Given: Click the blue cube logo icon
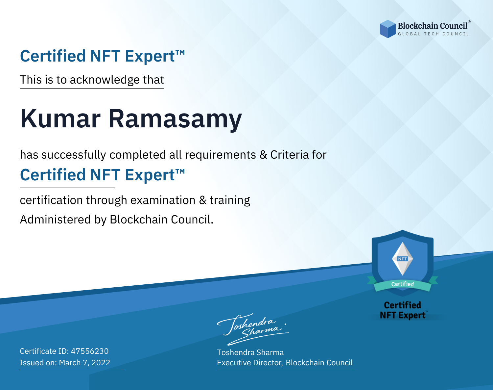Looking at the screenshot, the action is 387,29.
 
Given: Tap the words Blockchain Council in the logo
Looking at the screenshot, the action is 433,26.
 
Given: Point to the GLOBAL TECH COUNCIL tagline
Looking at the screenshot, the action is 434,34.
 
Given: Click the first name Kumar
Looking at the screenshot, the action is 60,119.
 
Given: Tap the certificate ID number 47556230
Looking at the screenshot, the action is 90,351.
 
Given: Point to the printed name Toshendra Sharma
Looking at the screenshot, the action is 250,352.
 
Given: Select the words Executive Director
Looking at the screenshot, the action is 249,363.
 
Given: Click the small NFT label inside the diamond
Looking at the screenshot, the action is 403,259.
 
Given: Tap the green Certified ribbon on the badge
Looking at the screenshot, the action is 403,284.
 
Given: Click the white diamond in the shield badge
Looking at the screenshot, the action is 403,259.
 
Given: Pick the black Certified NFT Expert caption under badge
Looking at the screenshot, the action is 403,310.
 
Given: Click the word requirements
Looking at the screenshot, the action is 221,155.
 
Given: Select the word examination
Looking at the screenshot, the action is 163,200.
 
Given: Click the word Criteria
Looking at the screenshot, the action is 289,155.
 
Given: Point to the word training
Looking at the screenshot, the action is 230,200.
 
